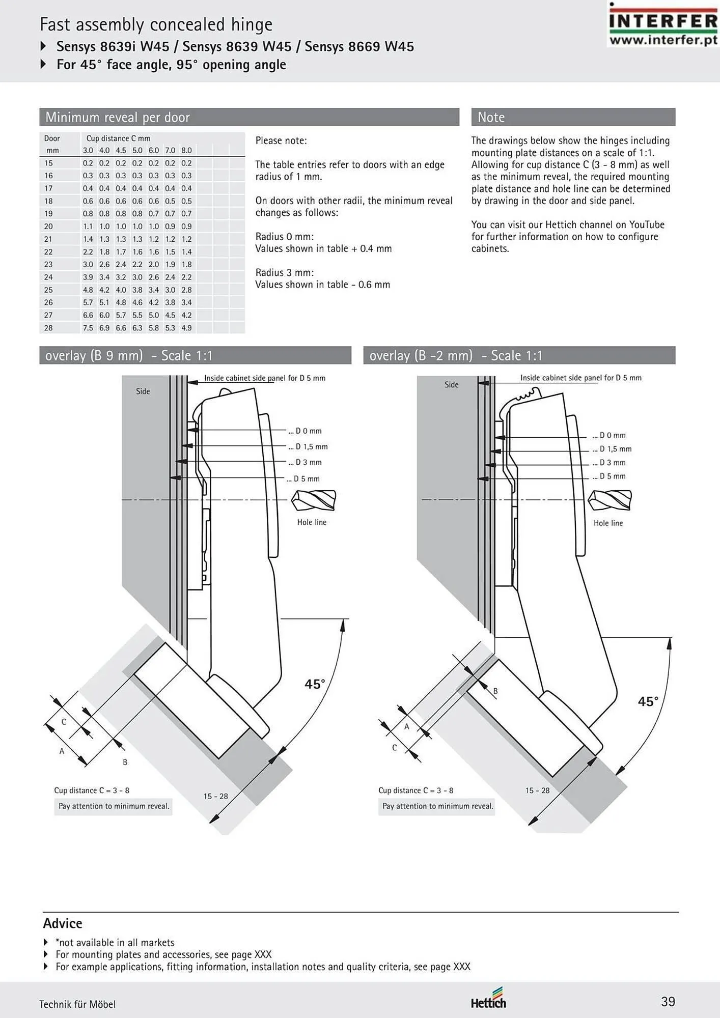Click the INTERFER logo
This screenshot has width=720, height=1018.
pyautogui.click(x=663, y=24)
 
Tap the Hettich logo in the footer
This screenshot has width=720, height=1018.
pyautogui.click(x=488, y=998)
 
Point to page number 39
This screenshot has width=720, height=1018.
pyautogui.click(x=668, y=1002)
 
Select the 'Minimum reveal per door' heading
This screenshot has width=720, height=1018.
pyautogui.click(x=118, y=117)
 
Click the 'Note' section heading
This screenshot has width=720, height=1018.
pyautogui.click(x=491, y=117)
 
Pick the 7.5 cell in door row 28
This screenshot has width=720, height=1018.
pyautogui.click(x=88, y=328)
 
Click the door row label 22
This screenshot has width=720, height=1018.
pyautogui.click(x=48, y=251)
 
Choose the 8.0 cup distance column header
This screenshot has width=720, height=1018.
pyautogui.click(x=187, y=150)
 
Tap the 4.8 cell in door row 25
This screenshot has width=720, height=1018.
pyautogui.click(x=88, y=290)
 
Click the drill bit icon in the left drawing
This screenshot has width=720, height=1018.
pyautogui.click(x=314, y=500)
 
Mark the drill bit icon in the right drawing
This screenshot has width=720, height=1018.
pyautogui.click(x=610, y=500)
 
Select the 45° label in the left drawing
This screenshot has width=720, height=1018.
pyautogui.click(x=315, y=684)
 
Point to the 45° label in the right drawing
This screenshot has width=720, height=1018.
pyautogui.click(x=648, y=701)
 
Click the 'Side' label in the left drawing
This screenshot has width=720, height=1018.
pyautogui.click(x=143, y=391)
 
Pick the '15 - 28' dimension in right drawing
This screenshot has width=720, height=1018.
pyautogui.click(x=538, y=790)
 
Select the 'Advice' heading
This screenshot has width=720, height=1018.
pyautogui.click(x=63, y=923)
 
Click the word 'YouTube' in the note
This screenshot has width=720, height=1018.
pyautogui.click(x=647, y=224)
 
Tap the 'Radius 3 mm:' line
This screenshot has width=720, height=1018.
pyautogui.click(x=285, y=272)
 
